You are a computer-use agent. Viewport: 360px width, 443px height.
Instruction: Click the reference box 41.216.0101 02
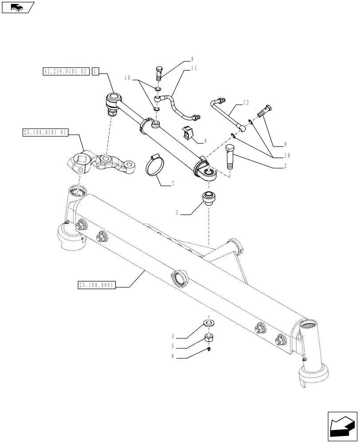pos(66,71)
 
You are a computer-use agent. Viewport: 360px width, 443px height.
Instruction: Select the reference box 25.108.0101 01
pos(44,132)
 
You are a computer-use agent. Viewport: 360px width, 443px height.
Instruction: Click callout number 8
pos(204,142)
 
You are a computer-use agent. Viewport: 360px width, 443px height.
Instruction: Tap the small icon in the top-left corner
pos(18,7)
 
